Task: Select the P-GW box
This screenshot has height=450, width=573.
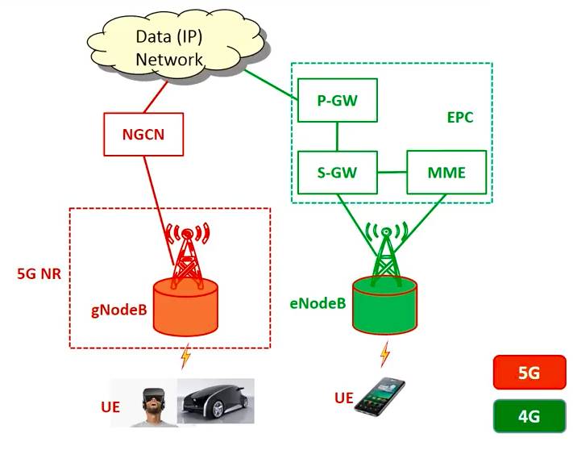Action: point(338,100)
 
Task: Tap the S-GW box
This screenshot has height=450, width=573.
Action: point(338,172)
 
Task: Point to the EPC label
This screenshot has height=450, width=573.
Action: point(459,117)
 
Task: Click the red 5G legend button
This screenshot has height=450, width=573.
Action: point(529,374)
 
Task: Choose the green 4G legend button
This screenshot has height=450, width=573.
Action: point(529,416)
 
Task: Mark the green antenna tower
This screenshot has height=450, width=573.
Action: point(385,250)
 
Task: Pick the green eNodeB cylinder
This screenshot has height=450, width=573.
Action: point(384,305)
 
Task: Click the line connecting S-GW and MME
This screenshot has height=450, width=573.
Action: point(392,172)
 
